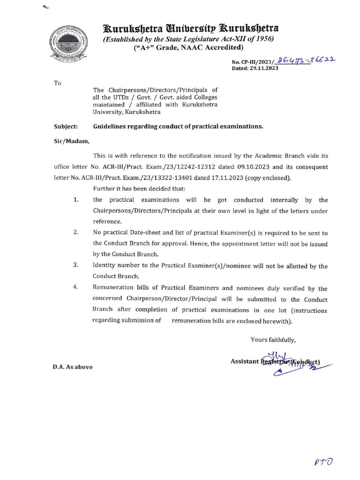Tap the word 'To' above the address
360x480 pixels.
click(58, 83)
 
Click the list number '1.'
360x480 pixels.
click(76, 200)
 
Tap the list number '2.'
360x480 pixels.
click(76, 233)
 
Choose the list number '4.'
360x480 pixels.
click(76, 288)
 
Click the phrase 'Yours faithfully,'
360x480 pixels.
click(273, 340)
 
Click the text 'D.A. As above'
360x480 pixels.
click(73, 367)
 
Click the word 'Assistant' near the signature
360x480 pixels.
click(245, 361)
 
